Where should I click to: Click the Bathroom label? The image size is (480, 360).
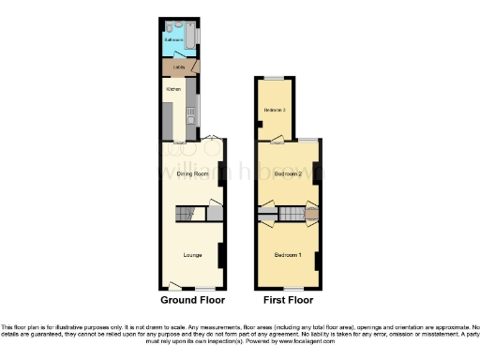click(172, 40)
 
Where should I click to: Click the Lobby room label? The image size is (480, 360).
click(177, 67)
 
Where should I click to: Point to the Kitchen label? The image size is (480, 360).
click(173, 89)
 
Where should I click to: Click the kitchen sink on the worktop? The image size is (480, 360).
click(191, 116)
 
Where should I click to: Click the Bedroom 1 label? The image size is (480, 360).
click(287, 255)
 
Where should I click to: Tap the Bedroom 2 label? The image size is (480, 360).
click(287, 174)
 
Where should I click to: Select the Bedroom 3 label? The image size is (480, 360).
click(274, 111)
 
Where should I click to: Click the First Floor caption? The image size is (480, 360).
click(289, 301)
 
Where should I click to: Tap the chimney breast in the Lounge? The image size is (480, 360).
click(220, 254)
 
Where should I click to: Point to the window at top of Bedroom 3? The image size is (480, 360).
click(274, 78)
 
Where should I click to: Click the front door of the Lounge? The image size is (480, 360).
click(174, 285)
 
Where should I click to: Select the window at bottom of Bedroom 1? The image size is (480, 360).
click(288, 288)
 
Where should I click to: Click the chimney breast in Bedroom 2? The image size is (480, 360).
click(317, 172)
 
